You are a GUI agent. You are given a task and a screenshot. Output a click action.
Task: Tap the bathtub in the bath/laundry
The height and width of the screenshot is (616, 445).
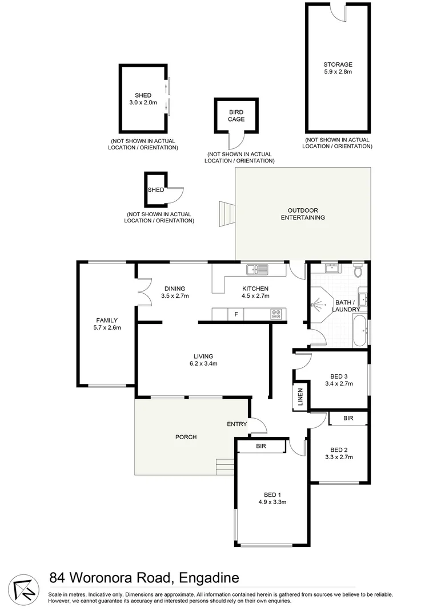click(359, 333)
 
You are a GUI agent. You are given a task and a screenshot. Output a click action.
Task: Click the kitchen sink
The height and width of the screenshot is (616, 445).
click(255, 268)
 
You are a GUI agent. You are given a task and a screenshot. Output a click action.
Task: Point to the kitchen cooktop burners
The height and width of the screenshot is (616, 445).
click(276, 314)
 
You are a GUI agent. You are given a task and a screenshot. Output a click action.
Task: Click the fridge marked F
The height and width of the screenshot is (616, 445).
click(235, 314)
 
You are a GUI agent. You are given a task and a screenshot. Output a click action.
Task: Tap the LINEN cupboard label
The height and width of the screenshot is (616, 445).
click(300, 397)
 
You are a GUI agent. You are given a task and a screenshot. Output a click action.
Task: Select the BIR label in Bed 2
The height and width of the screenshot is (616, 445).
click(348, 419)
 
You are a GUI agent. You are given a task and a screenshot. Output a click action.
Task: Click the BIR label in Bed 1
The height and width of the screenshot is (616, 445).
click(262, 446)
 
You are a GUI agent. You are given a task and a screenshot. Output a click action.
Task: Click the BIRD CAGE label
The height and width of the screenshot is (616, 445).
click(236, 116)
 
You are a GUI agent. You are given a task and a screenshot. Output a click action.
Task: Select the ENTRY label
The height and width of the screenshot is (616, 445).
click(236, 424)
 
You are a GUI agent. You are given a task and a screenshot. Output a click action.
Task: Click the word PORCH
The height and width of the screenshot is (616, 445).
click(186, 437)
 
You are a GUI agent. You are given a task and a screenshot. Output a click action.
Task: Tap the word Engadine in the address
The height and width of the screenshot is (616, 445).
click(209, 578)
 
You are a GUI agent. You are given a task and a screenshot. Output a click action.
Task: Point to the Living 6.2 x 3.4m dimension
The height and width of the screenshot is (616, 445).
click(203, 364)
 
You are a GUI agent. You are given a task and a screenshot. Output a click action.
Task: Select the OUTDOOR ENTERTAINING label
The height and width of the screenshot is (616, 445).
click(302, 214)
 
